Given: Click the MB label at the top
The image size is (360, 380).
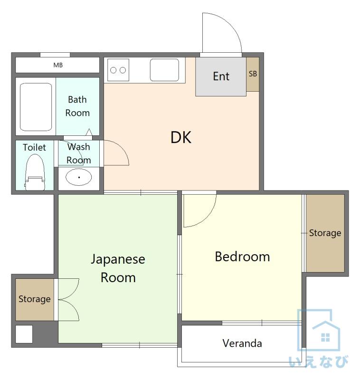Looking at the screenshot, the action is click(x=58, y=65).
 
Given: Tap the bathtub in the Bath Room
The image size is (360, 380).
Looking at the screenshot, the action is click(x=36, y=107).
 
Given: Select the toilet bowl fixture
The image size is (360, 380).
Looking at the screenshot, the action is click(x=35, y=172).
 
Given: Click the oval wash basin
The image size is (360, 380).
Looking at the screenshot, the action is click(x=79, y=177).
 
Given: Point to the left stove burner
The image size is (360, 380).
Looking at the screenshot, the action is click(x=113, y=70).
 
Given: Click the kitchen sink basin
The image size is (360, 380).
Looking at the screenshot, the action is click(x=164, y=70).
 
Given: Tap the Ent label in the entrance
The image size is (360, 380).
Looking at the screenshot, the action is click(x=221, y=76).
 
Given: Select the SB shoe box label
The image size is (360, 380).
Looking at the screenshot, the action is click(x=253, y=74).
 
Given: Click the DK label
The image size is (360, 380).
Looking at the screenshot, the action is click(x=181, y=137).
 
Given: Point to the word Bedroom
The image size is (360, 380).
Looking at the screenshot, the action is click(x=242, y=256).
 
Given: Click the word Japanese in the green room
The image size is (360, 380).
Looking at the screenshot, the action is click(x=118, y=259).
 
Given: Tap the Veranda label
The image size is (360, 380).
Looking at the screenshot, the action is click(x=242, y=343).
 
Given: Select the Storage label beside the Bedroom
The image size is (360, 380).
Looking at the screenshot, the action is click(x=325, y=233).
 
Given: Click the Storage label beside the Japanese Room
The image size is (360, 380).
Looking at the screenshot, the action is click(x=35, y=299).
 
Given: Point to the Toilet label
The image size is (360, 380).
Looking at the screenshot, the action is click(x=34, y=147).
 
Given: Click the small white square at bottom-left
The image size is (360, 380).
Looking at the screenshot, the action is click(x=24, y=334).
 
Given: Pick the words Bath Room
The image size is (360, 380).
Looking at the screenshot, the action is click(x=77, y=106).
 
